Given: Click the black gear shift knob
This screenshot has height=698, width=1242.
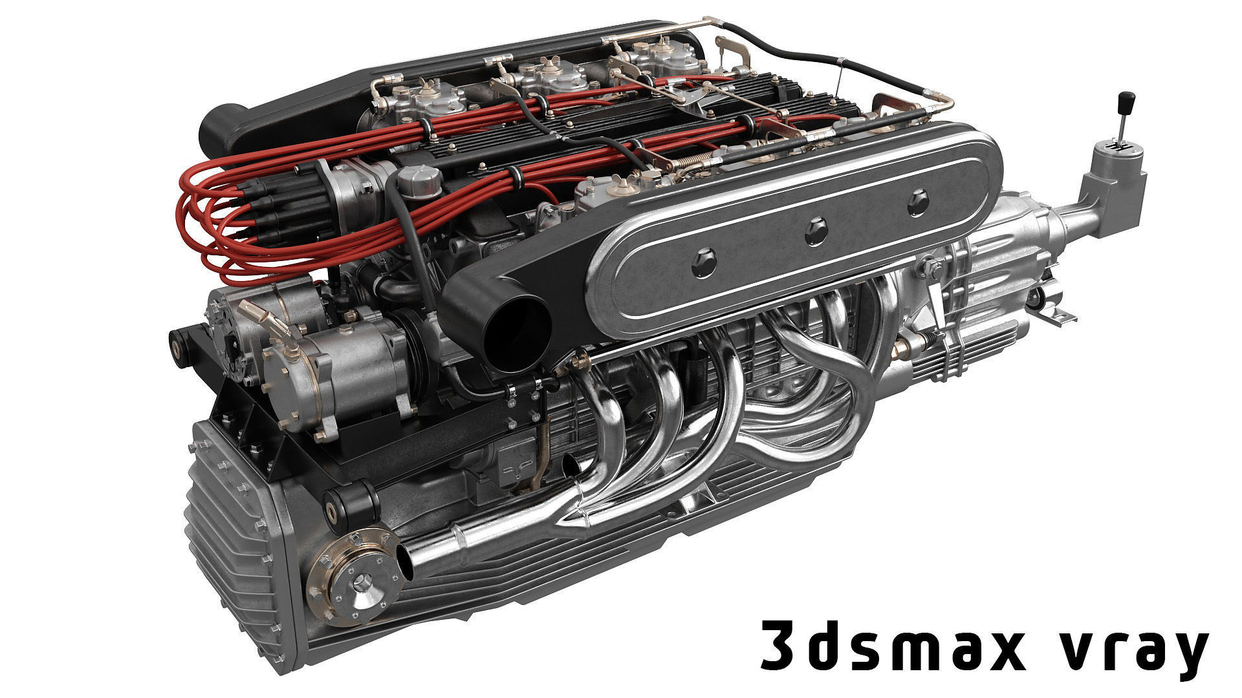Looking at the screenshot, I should [x=1126, y=103].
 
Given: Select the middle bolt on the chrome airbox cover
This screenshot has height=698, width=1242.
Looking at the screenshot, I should [x=816, y=231].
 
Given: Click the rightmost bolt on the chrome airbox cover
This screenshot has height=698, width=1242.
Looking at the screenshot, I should [x=919, y=203].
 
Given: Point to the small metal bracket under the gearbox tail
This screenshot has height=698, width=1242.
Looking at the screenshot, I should [x=1058, y=315].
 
